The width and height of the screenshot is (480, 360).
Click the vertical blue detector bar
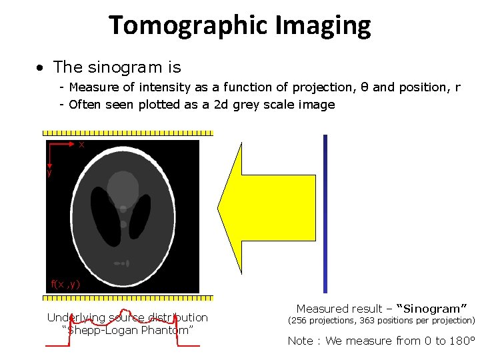click(325, 213)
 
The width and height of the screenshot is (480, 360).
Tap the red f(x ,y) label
click(65, 284)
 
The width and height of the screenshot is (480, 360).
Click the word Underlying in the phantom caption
click(74, 317)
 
